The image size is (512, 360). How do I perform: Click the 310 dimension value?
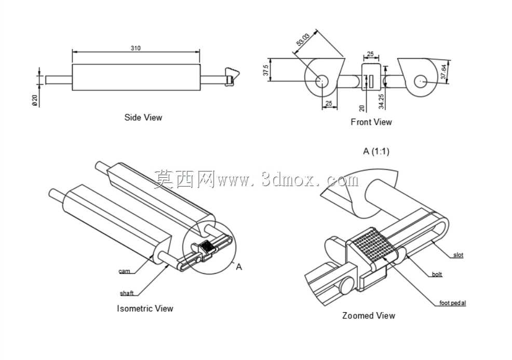tap(136, 48)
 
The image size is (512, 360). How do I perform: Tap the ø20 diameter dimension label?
tap(35, 100)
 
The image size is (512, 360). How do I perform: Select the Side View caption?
tap(143, 117)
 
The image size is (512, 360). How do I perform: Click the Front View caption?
tap(371, 122)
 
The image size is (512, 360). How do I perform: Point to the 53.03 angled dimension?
tap(303, 39)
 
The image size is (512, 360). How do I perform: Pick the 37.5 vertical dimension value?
tap(266, 70)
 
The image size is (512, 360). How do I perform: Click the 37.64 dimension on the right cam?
tap(443, 72)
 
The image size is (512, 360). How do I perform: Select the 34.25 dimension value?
tap(381, 101)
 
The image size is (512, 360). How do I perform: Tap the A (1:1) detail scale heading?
tap(376, 151)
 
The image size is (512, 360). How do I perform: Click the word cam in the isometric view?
tap(124, 271)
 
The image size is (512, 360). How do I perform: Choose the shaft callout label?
tap(127, 293)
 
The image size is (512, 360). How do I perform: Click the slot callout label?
tap(458, 255)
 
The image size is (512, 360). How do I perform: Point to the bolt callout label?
tap(437, 274)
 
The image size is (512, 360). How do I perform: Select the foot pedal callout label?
tap(453, 303)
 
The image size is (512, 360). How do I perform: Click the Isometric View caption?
tap(145, 309)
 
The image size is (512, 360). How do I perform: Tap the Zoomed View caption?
tap(369, 315)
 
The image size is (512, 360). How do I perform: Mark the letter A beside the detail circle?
tap(239, 267)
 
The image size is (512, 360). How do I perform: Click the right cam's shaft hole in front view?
tap(420, 82)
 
